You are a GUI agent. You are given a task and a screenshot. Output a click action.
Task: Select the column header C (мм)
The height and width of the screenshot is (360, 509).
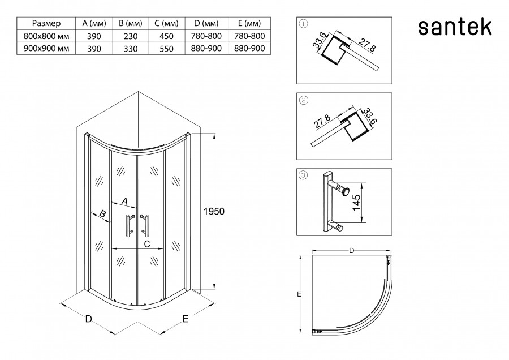coord(166,24)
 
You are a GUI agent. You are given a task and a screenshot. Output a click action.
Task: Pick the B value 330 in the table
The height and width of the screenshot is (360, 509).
coord(131,49)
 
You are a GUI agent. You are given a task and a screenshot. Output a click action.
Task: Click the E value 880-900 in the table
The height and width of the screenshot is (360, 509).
coord(249,49)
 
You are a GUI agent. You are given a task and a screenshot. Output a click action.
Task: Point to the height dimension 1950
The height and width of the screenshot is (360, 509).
coord(214,211)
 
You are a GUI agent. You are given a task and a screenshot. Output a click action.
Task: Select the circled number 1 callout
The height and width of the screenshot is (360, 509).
coord(304,24)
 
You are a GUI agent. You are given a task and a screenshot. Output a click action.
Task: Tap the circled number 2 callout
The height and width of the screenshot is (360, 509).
coord(304,100)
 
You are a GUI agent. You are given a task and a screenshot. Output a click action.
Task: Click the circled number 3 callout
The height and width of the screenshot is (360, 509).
coord(304,175)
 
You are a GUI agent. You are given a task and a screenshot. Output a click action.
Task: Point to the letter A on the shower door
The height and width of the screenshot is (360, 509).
coord(125,201)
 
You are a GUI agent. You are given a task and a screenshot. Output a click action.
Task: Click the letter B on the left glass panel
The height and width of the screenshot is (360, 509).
coord(102,214)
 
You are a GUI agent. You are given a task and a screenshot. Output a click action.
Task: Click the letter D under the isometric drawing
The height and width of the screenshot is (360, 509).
coord(88,319)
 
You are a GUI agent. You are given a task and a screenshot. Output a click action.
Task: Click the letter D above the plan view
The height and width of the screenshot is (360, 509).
coord(351,250)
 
